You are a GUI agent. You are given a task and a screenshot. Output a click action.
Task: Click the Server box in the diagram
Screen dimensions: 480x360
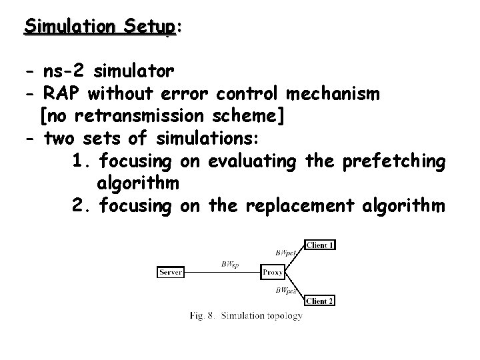pos(171,272)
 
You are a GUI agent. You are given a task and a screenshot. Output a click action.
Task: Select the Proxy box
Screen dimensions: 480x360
pos(273,272)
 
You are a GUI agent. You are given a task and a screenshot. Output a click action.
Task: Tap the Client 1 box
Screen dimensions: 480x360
pos(320,245)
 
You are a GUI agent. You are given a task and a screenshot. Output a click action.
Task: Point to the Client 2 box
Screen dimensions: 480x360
pos(320,301)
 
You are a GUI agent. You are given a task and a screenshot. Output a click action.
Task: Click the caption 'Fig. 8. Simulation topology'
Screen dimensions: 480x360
pos(246,315)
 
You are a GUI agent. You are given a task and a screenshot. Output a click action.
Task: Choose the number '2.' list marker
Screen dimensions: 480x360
pos(82,207)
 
